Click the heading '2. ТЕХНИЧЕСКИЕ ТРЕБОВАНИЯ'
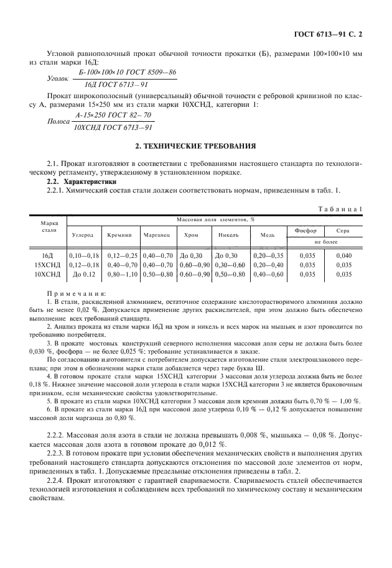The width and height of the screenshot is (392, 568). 196,147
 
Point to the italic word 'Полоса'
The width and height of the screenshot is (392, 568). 58,122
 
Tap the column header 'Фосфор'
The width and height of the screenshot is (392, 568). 306,231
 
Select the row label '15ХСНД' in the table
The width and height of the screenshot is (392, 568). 47,264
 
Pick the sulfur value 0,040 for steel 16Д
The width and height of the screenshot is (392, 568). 343,255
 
